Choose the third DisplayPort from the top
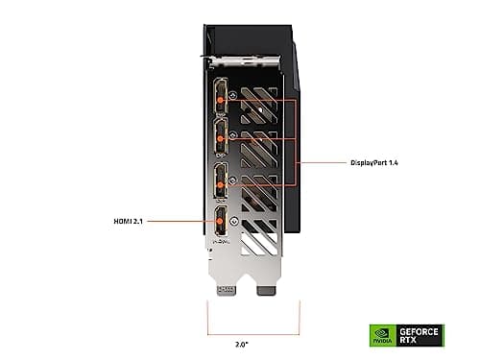tap(221, 180)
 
